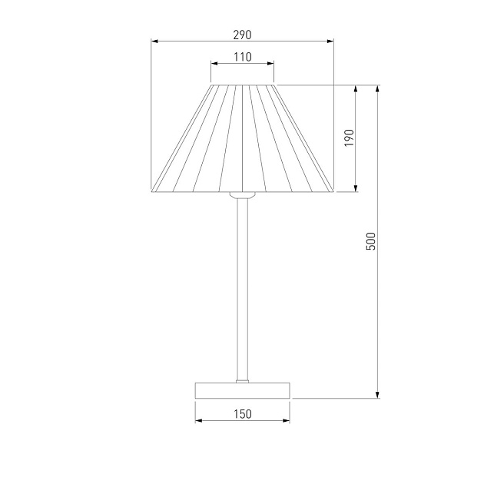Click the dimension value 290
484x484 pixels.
point(242,35)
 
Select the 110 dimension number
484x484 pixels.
point(242,57)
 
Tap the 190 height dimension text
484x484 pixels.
point(349,138)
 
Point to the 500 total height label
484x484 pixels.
point(371,241)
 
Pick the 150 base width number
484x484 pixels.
point(242,414)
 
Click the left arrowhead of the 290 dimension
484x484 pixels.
point(154,41)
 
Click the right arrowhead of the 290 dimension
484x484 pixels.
point(330,41)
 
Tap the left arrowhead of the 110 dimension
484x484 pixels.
point(214,64)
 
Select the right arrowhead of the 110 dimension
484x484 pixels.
point(270,64)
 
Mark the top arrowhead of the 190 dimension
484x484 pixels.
point(356,88)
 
